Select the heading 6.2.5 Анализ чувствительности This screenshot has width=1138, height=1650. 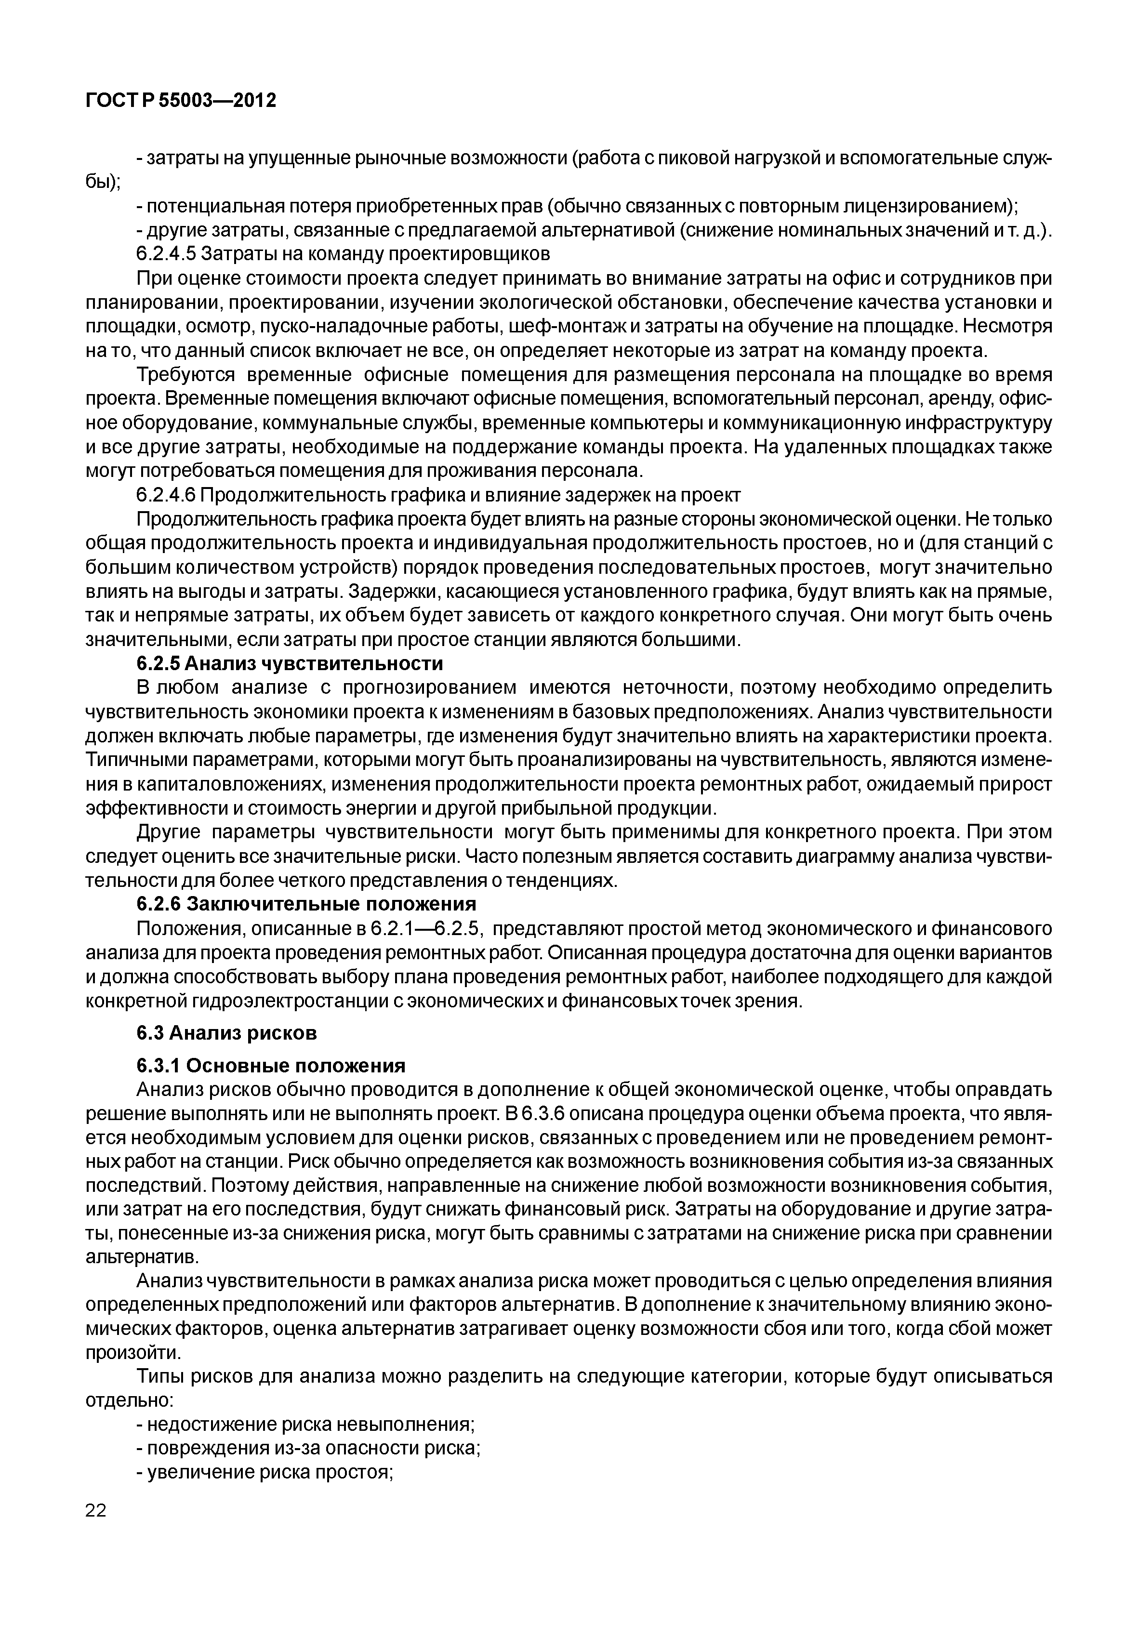290,664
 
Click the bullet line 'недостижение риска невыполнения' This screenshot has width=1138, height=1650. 305,1425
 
